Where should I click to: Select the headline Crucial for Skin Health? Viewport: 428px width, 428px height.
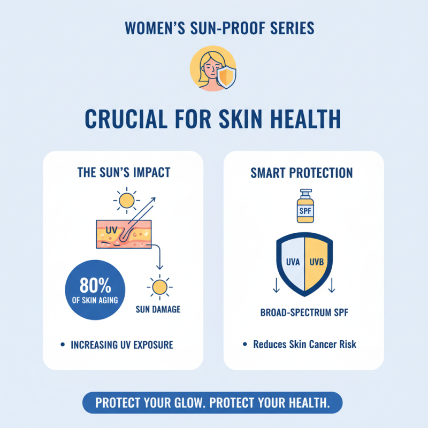pyautogui.click(x=214, y=119)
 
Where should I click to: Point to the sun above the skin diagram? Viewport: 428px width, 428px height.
pyautogui.click(x=126, y=201)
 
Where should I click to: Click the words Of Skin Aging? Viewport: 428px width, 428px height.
pyautogui.click(x=95, y=299)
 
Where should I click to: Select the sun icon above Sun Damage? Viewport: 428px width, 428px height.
pyautogui.click(x=159, y=287)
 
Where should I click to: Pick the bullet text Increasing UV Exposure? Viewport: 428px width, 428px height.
pyautogui.click(x=122, y=345)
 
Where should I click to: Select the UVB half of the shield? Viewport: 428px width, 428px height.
pyautogui.click(x=317, y=263)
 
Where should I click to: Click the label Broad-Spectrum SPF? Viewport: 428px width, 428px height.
pyautogui.click(x=303, y=312)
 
